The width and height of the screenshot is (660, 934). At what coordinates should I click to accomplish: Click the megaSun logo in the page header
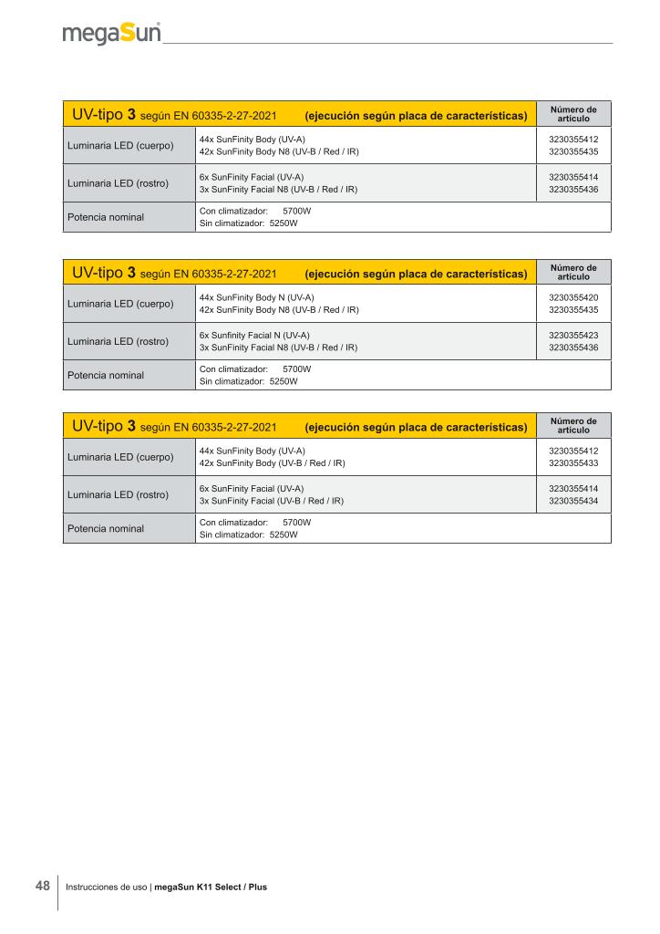[x=112, y=34]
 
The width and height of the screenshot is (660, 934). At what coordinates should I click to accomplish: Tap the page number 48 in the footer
[x=43, y=886]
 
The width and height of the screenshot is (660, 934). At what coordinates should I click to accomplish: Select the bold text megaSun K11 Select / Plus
[x=211, y=887]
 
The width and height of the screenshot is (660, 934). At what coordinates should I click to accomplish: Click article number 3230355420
[x=573, y=297]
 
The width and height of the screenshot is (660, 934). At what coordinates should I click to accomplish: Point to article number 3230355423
[x=573, y=335]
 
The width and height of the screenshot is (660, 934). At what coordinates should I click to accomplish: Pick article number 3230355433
[x=573, y=463]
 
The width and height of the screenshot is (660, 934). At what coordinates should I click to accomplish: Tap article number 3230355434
[x=573, y=501]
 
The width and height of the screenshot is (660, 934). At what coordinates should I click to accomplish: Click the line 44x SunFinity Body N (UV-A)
[x=257, y=297]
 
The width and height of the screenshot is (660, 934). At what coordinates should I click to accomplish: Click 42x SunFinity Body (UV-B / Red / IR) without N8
[x=272, y=463]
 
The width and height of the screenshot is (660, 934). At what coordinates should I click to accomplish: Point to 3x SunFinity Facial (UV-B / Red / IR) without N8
[x=271, y=501]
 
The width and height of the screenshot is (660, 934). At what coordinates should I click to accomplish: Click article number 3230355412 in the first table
[x=573, y=139]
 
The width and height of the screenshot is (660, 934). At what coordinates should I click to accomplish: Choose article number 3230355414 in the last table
[x=573, y=488]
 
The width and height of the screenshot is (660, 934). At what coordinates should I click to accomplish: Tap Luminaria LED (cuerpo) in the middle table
[x=120, y=304]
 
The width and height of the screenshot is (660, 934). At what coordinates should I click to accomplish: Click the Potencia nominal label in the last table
[x=106, y=529]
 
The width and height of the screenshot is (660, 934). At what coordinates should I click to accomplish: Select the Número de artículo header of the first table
[x=573, y=113]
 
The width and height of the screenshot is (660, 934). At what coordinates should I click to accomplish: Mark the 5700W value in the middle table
[x=297, y=368]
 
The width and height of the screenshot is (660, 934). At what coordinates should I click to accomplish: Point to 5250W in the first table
[x=284, y=223]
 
